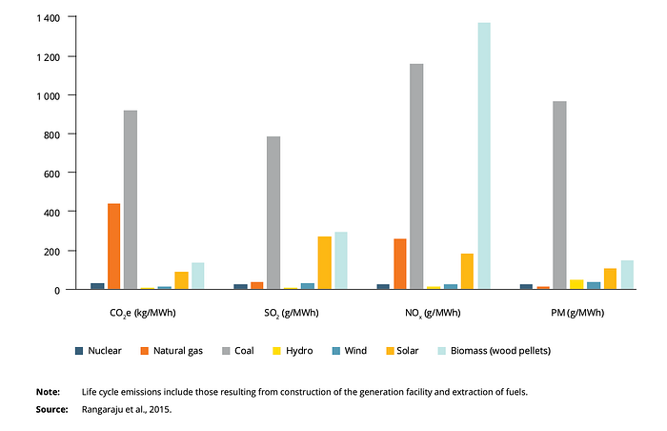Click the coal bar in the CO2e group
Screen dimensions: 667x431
(131, 199)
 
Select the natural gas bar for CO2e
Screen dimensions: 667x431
(114, 246)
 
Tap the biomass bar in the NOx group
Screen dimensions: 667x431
(484, 155)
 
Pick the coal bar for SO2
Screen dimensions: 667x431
(273, 213)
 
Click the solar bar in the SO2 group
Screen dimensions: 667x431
(325, 263)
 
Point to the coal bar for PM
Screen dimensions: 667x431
(560, 195)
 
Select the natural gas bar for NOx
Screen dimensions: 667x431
(400, 264)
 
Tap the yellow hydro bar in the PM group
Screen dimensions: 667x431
(576, 284)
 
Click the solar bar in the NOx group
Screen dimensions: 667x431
(467, 272)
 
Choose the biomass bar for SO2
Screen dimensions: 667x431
(341, 260)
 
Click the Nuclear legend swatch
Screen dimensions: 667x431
(79, 351)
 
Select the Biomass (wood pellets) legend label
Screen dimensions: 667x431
(500, 351)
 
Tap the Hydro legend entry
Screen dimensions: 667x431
(293, 351)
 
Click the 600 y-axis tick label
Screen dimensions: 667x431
(51, 174)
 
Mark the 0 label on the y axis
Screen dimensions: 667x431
(57, 291)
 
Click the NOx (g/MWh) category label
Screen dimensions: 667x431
(433, 314)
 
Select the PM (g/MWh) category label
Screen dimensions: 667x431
(577, 313)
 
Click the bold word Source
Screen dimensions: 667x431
(51, 410)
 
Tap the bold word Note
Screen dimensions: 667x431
(48, 392)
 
